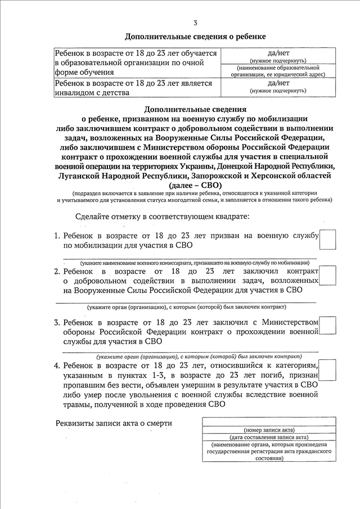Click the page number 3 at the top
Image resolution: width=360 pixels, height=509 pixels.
[195, 23]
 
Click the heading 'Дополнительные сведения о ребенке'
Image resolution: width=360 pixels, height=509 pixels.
[195, 37]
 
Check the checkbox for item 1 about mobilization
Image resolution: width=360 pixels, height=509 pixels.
[327, 239]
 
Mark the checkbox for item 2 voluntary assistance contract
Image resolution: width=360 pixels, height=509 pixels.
[327, 276]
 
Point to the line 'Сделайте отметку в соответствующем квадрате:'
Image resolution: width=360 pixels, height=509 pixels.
[163, 217]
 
